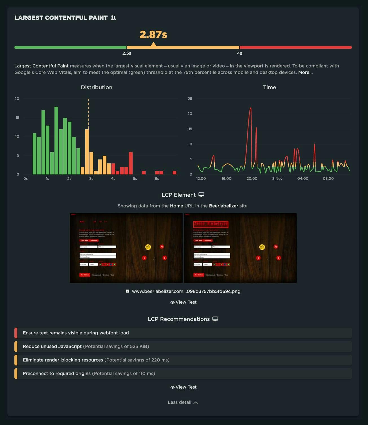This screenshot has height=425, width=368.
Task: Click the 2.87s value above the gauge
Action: tap(153, 35)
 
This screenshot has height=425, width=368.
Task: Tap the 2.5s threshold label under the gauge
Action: tap(127, 53)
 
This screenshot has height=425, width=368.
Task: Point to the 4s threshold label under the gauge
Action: tap(239, 53)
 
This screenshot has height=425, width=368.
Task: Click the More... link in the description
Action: tap(305, 73)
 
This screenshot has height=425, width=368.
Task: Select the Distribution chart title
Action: tap(97, 87)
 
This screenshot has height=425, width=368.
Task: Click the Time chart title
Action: tap(270, 87)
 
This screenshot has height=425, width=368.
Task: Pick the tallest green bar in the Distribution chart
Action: tap(56, 141)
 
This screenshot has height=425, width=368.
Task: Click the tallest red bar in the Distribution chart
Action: tap(131, 163)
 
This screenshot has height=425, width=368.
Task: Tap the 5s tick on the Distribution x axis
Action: tap(135, 179)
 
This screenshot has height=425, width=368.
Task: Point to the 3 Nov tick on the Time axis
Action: tap(277, 179)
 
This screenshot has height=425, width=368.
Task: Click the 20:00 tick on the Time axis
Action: tap(252, 179)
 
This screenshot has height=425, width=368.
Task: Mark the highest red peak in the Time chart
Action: tap(250, 108)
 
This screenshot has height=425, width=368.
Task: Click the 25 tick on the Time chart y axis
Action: tap(190, 99)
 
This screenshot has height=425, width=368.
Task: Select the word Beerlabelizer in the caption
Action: tap(224, 206)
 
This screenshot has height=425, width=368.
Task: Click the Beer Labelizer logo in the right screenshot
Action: tap(211, 224)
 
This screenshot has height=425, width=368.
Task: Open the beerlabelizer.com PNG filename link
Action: tap(186, 292)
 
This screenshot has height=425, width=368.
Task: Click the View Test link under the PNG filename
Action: tap(183, 302)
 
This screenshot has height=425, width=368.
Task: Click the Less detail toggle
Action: tap(183, 402)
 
